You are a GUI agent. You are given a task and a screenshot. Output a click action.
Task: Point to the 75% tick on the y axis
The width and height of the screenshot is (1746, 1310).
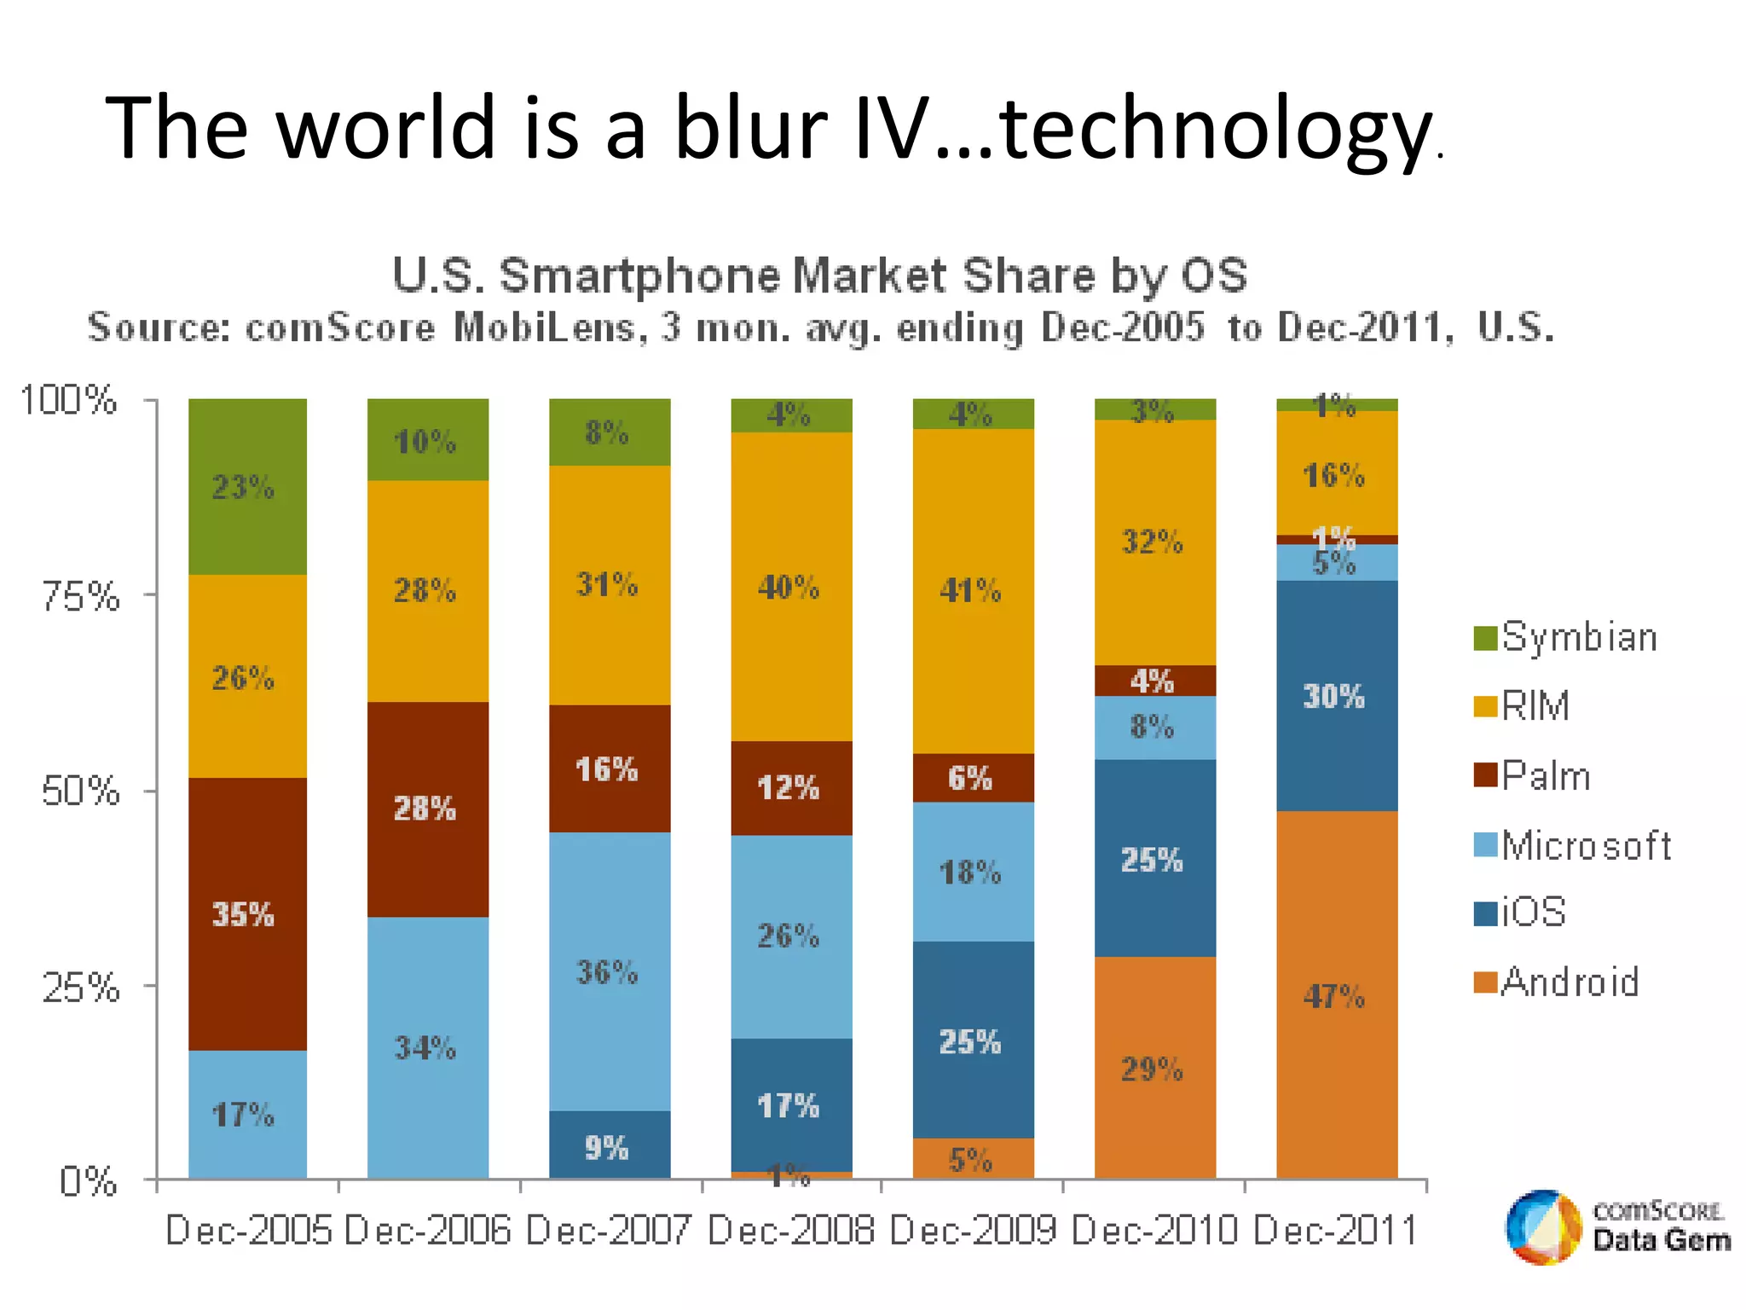tap(81, 595)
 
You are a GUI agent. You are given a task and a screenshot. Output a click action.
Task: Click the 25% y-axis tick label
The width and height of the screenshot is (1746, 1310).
tap(81, 988)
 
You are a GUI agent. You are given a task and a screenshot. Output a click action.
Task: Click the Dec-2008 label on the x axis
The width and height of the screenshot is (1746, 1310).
tap(790, 1231)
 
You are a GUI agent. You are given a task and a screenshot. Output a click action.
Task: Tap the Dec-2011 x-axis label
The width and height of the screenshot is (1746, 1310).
tap(1335, 1231)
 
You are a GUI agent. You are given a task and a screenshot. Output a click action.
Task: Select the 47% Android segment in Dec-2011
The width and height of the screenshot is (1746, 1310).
tap(1336, 995)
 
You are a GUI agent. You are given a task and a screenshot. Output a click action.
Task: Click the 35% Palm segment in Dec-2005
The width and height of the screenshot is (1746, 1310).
tap(247, 913)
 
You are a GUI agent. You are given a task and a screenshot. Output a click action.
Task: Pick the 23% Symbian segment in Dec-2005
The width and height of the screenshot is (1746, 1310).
tap(247, 487)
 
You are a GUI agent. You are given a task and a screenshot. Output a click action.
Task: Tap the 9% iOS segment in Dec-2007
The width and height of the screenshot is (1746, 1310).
tap(609, 1145)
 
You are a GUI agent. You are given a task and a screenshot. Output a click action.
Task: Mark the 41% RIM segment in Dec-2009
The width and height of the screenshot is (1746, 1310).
tap(973, 590)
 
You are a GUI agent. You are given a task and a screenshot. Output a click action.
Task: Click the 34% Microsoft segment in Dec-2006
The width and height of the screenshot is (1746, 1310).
tap(427, 1047)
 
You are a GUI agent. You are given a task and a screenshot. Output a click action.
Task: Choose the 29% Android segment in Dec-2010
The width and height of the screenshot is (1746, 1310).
tap(1154, 1068)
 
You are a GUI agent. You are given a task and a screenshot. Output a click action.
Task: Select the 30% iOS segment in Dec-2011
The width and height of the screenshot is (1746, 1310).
tap(1336, 696)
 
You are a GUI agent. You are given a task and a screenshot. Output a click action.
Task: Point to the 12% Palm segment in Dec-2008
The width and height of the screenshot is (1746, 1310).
tap(791, 787)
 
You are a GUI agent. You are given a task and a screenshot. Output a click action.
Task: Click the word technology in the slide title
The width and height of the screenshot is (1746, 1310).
tap(1214, 128)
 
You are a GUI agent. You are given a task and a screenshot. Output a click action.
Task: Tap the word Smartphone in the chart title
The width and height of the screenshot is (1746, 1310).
tap(639, 275)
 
